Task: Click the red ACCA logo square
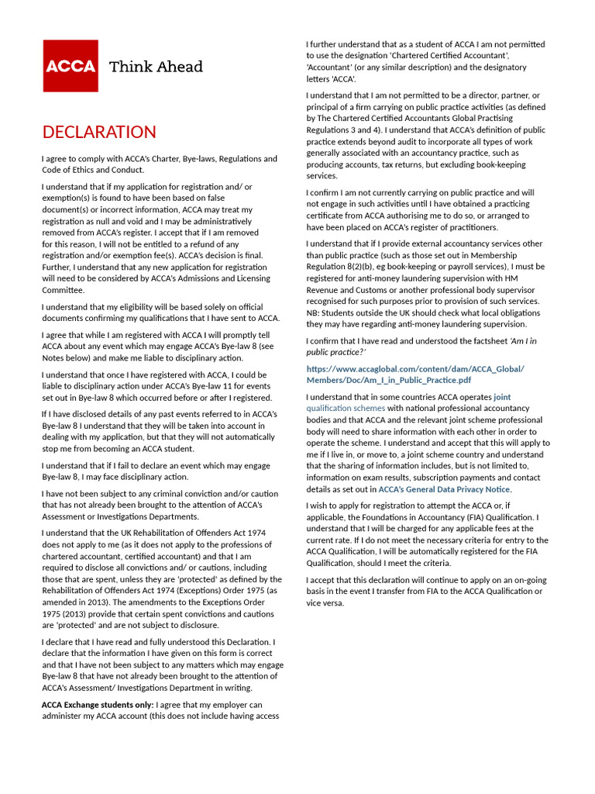click(71, 66)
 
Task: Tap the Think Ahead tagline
click(156, 67)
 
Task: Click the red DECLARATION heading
click(99, 132)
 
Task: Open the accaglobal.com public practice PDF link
click(415, 375)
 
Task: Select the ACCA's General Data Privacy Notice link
click(444, 489)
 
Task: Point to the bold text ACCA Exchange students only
click(97, 705)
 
